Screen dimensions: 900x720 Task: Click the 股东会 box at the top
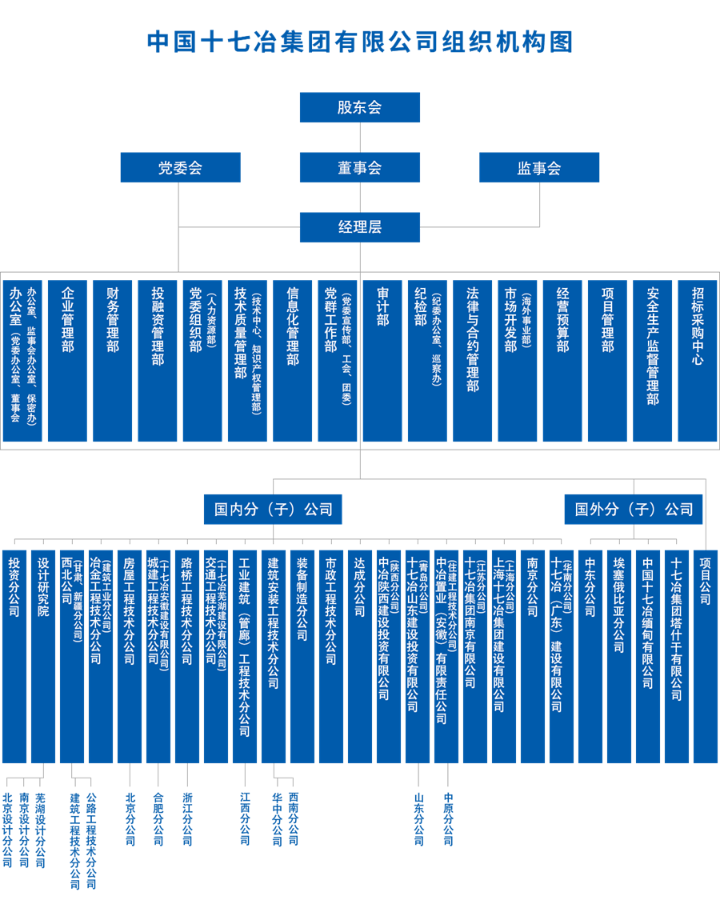click(x=359, y=107)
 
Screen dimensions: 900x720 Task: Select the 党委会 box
click(x=180, y=168)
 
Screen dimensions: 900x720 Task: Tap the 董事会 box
click(x=359, y=168)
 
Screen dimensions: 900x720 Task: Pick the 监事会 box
click(x=539, y=168)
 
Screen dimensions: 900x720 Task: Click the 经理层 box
click(x=359, y=227)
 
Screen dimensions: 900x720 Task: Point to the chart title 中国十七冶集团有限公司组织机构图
click(x=359, y=42)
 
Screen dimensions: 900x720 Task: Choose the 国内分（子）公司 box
click(x=273, y=509)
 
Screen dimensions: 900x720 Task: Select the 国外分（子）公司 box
click(x=634, y=509)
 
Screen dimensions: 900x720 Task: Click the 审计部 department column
click(x=383, y=361)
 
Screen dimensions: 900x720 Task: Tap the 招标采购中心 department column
click(x=698, y=361)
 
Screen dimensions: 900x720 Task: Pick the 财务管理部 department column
click(x=113, y=361)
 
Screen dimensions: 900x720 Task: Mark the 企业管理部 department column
click(x=67, y=361)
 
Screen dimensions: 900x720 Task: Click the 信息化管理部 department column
click(x=293, y=361)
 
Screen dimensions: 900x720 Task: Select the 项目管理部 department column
click(x=607, y=361)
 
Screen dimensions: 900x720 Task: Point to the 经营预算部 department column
click(x=562, y=361)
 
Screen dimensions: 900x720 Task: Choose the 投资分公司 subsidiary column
click(x=14, y=656)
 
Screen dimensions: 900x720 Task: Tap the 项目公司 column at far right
click(x=705, y=656)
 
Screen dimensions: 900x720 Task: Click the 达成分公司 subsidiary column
click(x=359, y=656)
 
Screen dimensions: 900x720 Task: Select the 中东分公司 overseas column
click(x=590, y=656)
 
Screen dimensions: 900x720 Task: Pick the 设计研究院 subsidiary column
click(x=43, y=656)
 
